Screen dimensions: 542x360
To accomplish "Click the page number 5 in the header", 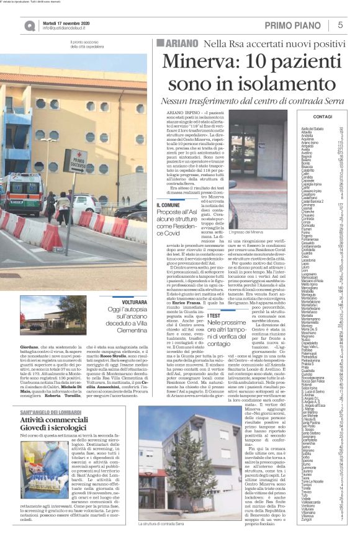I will (341, 25).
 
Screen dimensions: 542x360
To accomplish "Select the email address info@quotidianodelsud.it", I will (68, 28).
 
